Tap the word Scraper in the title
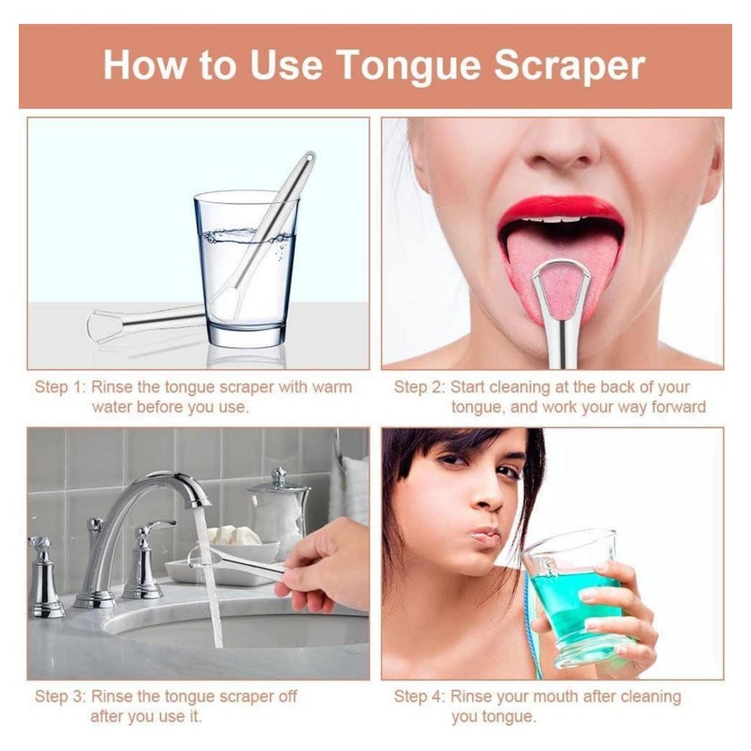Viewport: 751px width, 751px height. pos(570,64)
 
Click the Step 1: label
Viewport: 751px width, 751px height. pos(60,387)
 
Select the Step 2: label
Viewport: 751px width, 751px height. pos(419,387)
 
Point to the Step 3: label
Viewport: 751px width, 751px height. pos(60,696)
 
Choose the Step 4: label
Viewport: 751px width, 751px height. pos(419,696)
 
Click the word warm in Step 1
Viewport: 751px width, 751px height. pos(332,387)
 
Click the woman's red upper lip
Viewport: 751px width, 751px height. pos(561,207)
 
